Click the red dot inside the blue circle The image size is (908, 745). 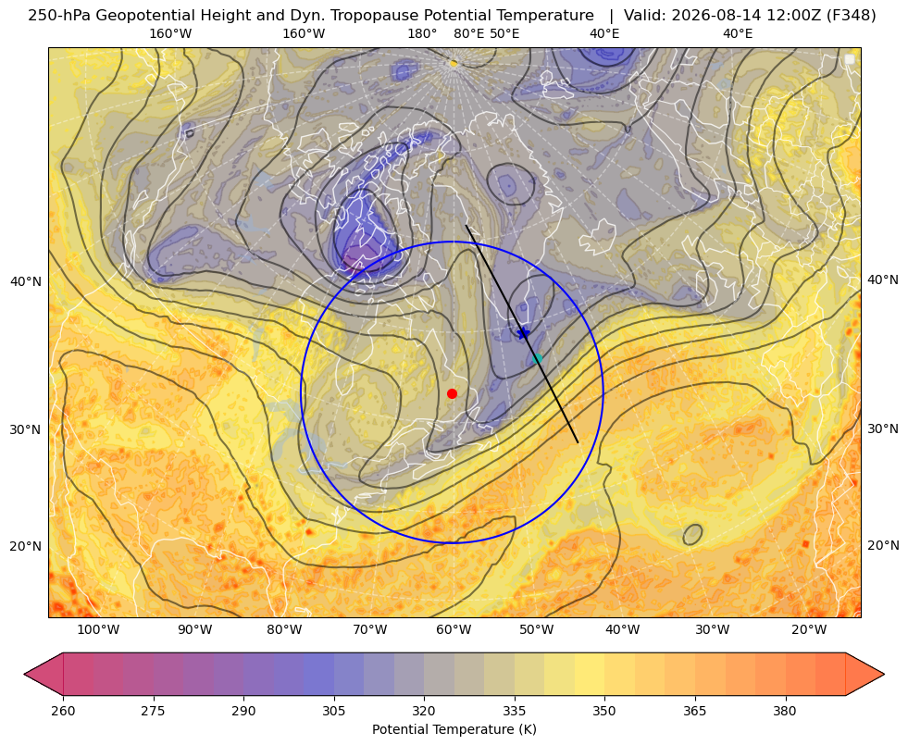point(452,393)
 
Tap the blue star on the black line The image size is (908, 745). point(523,333)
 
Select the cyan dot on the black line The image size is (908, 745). point(538,359)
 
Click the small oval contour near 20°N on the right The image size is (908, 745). point(692,534)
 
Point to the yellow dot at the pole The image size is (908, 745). point(454,63)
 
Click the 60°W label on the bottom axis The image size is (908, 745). point(453,630)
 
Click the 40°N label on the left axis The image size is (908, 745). point(26,282)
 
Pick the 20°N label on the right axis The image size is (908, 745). point(883,545)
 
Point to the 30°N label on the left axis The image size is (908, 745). point(26,429)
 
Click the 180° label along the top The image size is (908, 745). point(422,33)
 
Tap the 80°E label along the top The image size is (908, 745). point(468,33)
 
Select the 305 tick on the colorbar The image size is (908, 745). point(333,711)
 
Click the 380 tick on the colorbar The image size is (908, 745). point(785,711)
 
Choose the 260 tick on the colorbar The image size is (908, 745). point(63,711)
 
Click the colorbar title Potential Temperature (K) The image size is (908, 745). point(454,729)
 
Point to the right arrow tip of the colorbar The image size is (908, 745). point(884,674)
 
